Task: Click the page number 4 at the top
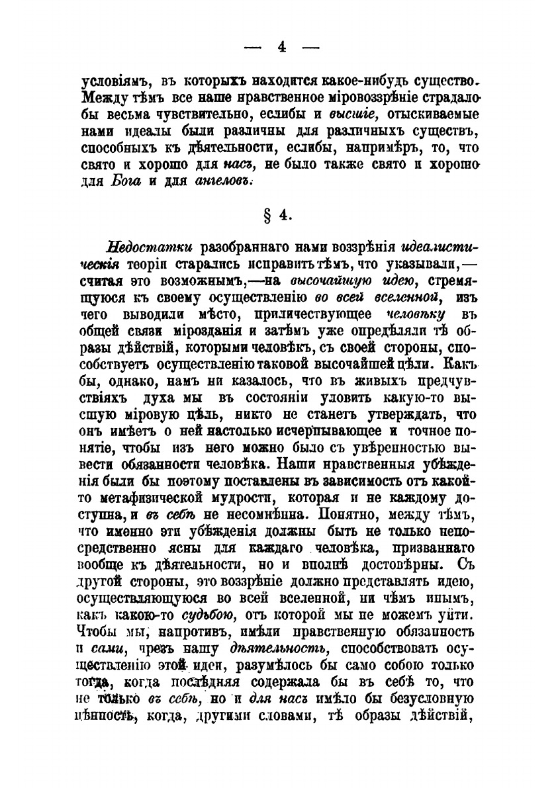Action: click(281, 47)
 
